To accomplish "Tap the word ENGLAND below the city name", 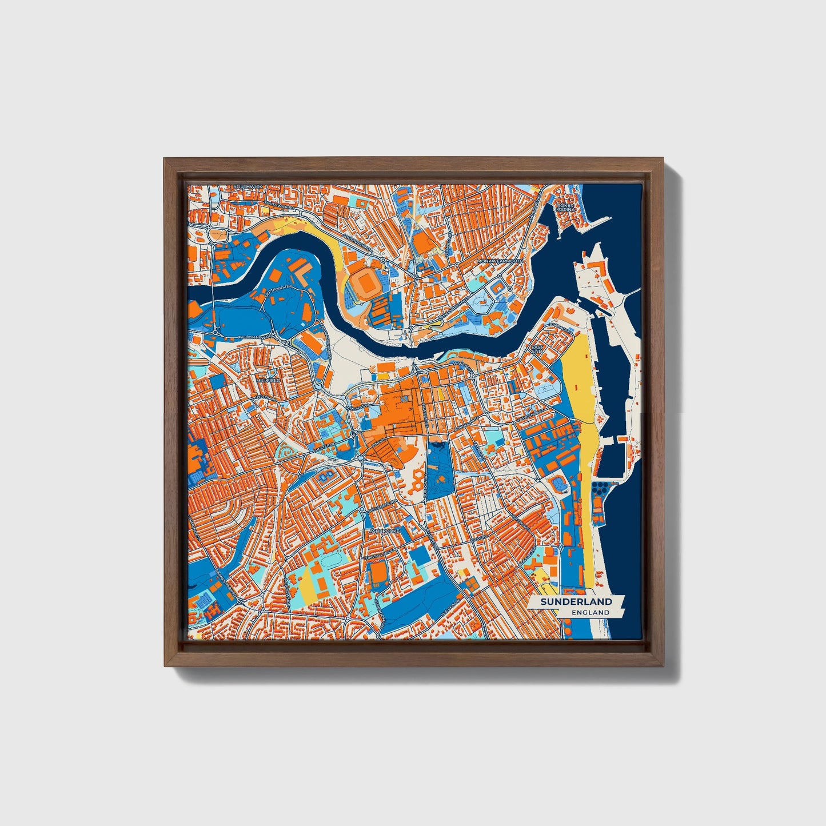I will pos(590,612).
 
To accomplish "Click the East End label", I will pos(537,349).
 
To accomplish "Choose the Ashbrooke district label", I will pos(384,531).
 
